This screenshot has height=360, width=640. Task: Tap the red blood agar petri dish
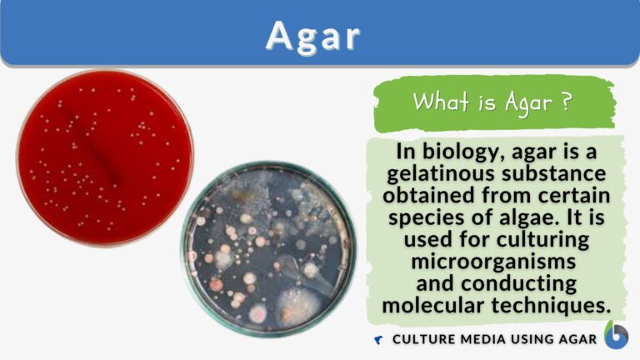105,158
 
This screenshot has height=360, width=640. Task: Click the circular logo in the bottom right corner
617,335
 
